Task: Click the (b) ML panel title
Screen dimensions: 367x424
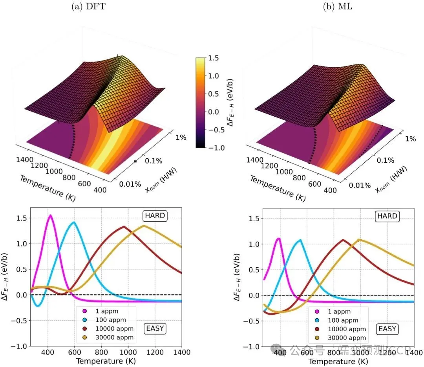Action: [332, 6]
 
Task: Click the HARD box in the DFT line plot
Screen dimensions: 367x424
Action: [154, 216]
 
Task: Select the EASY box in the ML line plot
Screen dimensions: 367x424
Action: [387, 328]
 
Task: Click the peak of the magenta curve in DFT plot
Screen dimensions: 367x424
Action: [50, 215]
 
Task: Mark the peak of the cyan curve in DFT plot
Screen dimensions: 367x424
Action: [73, 222]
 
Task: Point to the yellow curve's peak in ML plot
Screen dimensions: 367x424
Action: [358, 239]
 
